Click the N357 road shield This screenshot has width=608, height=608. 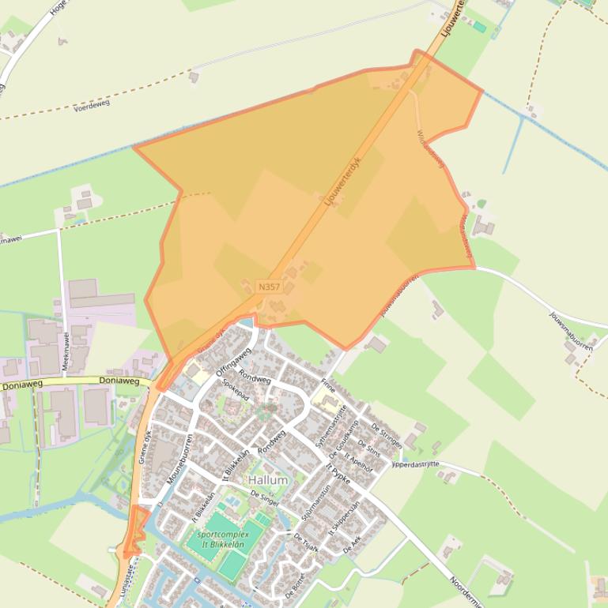click(269, 287)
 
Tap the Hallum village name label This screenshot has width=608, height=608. click(268, 479)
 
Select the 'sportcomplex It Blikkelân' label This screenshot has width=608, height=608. click(222, 539)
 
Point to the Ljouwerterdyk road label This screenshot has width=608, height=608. click(342, 181)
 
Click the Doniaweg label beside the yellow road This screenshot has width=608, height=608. click(119, 381)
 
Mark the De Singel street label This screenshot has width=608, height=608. click(266, 495)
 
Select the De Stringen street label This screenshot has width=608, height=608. click(387, 435)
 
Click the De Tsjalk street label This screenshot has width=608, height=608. click(306, 542)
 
